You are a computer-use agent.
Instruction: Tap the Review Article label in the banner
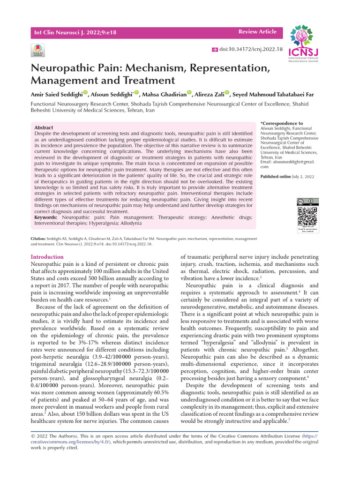[257, 32]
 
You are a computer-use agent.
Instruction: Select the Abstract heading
[44, 127]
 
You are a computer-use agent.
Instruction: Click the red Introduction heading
[47, 257]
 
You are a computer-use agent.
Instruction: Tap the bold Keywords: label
[46, 217]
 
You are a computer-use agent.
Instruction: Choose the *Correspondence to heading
[282, 123]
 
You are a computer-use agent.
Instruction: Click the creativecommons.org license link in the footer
[56, 442]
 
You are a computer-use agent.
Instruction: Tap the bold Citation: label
[38, 239]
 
